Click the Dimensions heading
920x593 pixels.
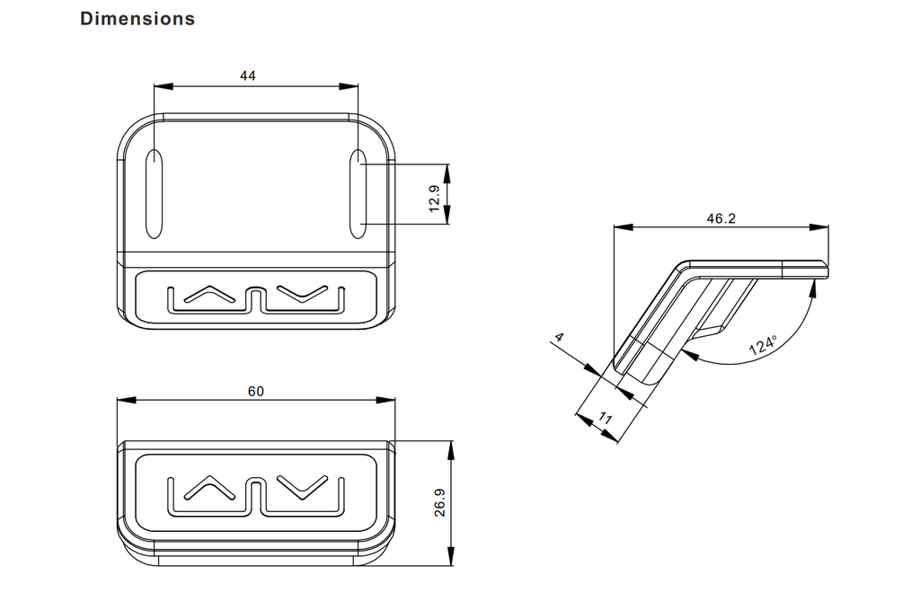137,18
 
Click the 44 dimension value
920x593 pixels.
248,76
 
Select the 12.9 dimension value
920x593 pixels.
435,199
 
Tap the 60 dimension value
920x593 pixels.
256,391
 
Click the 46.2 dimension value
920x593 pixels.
721,218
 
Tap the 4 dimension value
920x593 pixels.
559,338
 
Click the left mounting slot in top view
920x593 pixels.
155,194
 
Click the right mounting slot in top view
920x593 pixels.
358,194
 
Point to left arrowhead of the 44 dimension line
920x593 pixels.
160,87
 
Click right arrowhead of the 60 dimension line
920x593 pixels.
389,401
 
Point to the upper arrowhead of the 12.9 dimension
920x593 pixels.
447,169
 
